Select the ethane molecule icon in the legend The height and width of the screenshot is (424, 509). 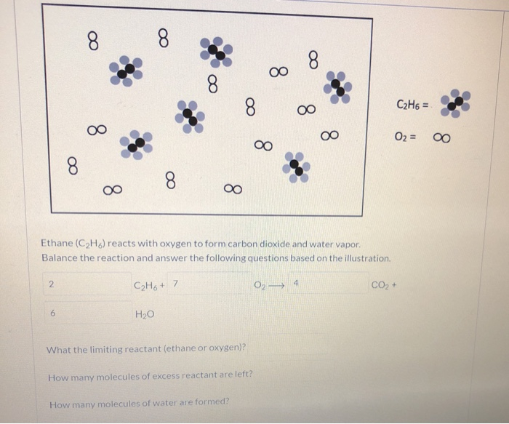pos(455,103)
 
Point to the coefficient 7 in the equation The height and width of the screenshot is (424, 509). pos(176,282)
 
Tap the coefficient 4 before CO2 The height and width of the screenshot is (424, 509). pos(297,281)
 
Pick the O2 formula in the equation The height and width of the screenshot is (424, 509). pos(259,283)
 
